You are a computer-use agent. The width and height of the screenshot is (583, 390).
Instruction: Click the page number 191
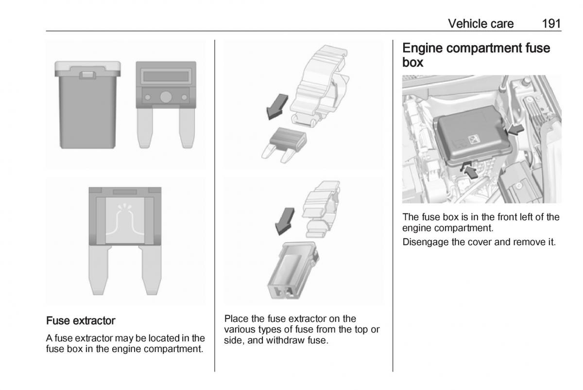[551, 23]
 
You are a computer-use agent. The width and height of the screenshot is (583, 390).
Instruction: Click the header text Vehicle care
[480, 23]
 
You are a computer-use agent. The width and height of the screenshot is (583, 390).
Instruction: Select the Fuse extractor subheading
[81, 321]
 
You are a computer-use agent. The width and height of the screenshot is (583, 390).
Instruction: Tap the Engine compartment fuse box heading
[476, 55]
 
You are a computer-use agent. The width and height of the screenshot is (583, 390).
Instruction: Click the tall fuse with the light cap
[87, 105]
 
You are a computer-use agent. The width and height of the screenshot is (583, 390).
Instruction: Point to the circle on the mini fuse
[166, 97]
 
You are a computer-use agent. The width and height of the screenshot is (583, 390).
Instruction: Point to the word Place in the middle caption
[236, 319]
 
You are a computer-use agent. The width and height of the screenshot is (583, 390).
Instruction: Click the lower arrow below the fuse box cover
[469, 172]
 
